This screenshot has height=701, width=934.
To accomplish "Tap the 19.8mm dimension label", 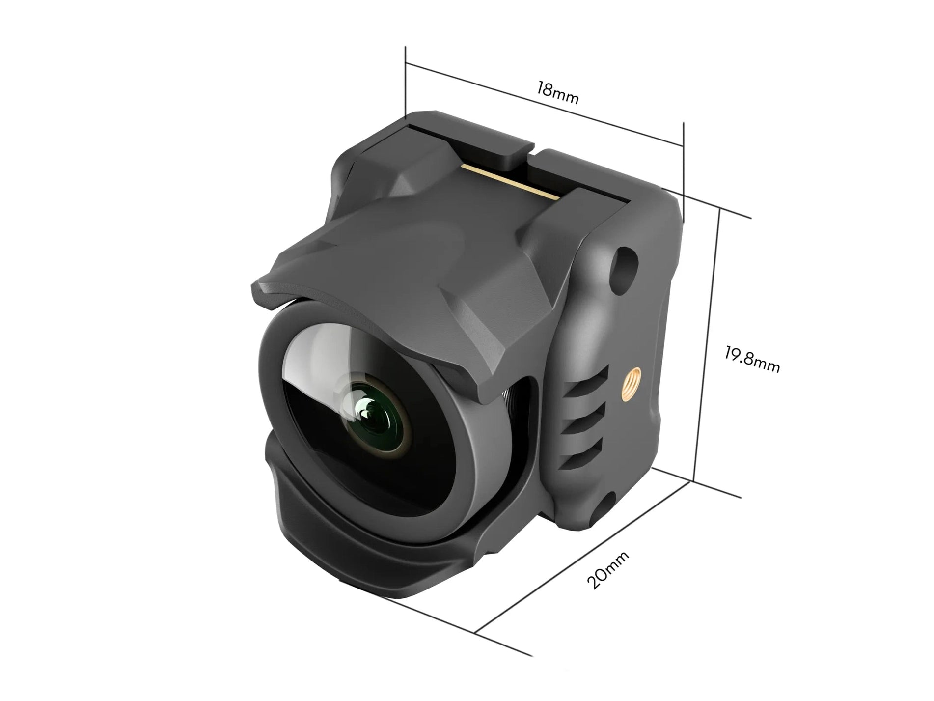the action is [x=752, y=359].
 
